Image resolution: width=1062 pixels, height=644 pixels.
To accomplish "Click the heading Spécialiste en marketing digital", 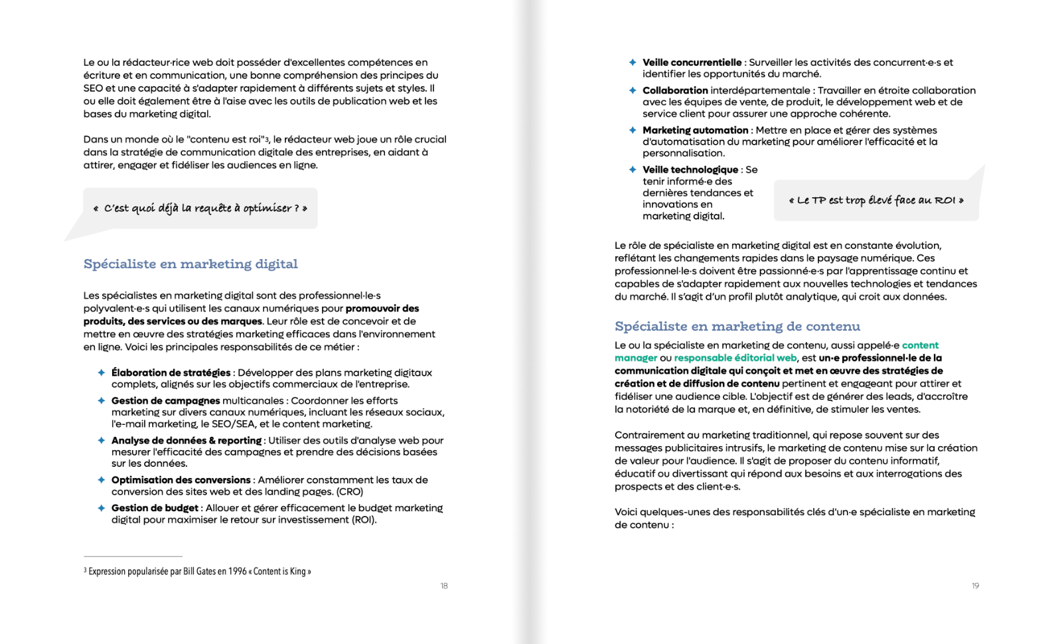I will [190, 264].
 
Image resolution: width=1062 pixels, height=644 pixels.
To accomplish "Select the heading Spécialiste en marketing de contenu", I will [737, 327].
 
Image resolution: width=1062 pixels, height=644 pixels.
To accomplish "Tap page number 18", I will [444, 586].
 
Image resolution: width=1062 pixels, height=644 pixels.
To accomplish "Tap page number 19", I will [975, 586].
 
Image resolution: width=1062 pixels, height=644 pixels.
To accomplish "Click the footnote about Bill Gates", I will [197, 571].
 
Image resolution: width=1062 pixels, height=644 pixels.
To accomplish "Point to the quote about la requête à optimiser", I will [200, 208].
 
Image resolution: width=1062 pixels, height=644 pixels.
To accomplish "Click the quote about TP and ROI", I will [875, 201].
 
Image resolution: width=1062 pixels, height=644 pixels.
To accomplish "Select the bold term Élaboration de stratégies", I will [171, 373].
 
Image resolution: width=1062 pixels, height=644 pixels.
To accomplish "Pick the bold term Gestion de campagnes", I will [165, 401].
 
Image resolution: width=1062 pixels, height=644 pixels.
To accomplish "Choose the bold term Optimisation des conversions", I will [181, 480].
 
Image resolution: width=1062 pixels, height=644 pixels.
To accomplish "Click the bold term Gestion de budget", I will [155, 508].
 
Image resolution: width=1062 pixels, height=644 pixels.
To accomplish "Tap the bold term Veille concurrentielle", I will [692, 62].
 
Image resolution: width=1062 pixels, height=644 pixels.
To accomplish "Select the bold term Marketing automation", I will [695, 130].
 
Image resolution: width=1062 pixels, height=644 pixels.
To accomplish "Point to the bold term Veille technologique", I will [690, 170].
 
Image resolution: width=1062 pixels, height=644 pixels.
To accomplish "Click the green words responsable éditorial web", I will [735, 358].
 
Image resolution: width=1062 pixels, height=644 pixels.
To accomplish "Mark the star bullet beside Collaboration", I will [633, 90].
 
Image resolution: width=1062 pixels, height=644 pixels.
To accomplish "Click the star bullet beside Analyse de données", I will [102, 440].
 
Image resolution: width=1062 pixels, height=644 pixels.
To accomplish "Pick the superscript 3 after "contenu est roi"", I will [267, 141].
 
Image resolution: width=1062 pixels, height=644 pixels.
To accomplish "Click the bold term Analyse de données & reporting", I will [186, 441].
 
